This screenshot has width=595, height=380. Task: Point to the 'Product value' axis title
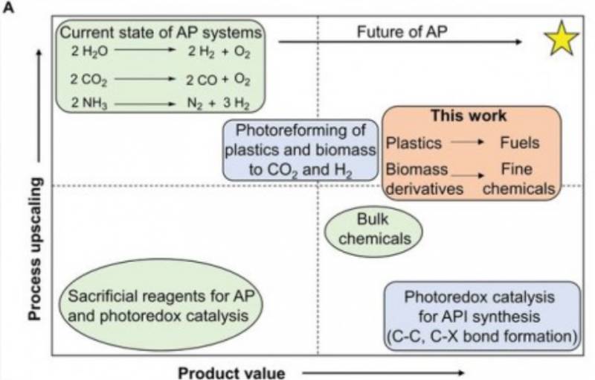coord(231,371)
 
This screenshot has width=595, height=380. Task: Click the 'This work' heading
coord(469,116)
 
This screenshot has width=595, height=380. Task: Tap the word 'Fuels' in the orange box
coord(519,142)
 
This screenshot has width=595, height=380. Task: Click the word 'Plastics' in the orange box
coord(414,142)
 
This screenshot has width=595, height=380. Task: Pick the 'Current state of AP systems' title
coord(161,33)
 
